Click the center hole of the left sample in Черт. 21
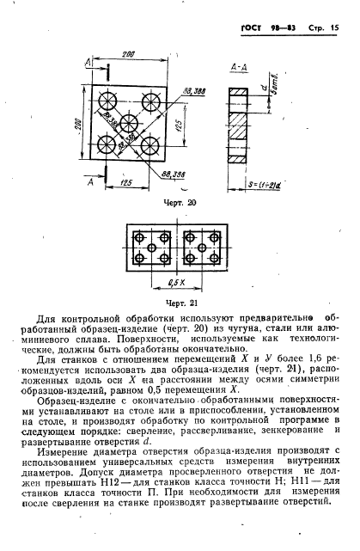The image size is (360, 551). point(150,248)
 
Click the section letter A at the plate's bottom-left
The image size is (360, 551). point(91,181)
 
